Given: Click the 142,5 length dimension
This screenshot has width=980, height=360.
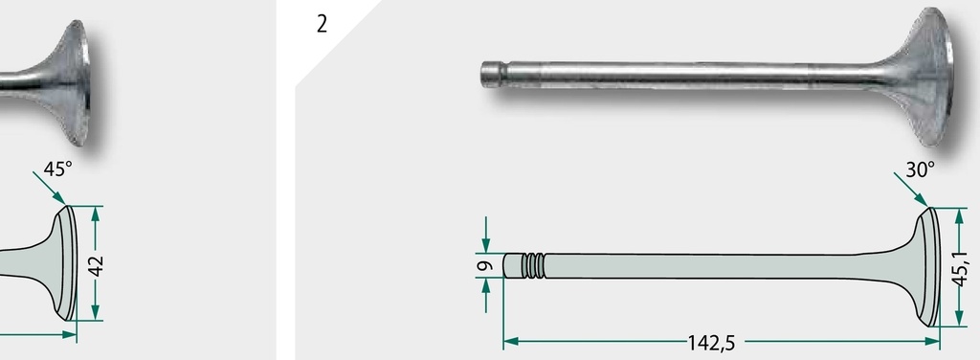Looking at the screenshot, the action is (711, 343).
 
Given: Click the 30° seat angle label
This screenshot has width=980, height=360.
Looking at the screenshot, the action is (920, 169).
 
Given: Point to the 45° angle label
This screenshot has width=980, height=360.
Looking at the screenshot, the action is (57, 169).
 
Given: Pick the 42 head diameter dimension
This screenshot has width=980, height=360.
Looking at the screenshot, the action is (96, 265).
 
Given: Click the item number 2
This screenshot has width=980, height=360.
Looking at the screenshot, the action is (322, 24).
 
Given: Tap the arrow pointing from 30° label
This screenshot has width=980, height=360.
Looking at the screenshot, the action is (911, 189).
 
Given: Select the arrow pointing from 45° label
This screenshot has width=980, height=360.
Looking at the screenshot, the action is (50, 188).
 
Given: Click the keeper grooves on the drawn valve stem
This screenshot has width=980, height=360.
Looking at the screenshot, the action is (533, 265).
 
